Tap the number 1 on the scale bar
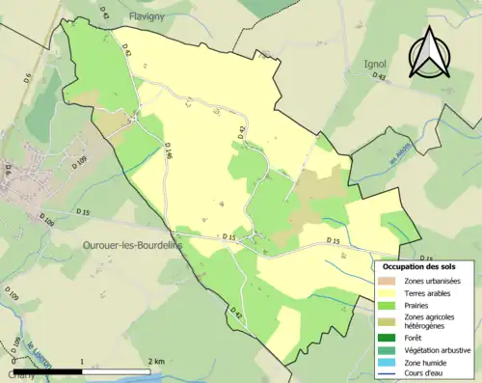click(x=82, y=362)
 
